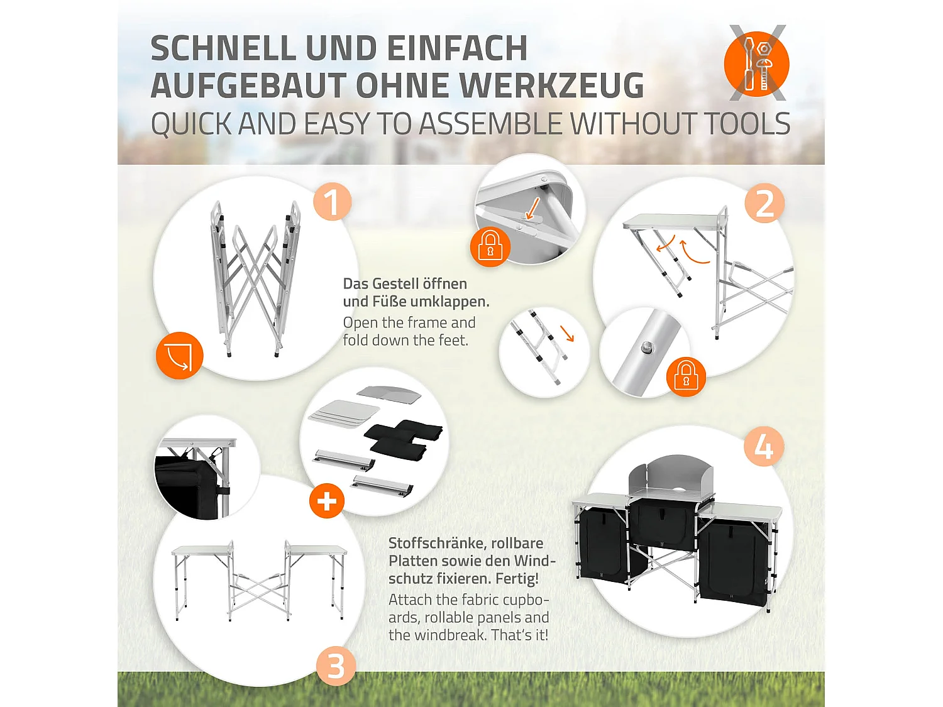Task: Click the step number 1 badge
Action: (332, 202)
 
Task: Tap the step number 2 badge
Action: (764, 204)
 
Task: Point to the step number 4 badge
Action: (763, 447)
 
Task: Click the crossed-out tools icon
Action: (757, 63)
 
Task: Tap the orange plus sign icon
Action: (326, 501)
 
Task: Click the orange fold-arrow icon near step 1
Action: (180, 356)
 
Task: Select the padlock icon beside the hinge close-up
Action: (490, 246)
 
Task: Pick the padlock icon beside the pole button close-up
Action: (686, 376)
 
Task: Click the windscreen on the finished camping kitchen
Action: (671, 476)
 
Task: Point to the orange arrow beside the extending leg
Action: (568, 333)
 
